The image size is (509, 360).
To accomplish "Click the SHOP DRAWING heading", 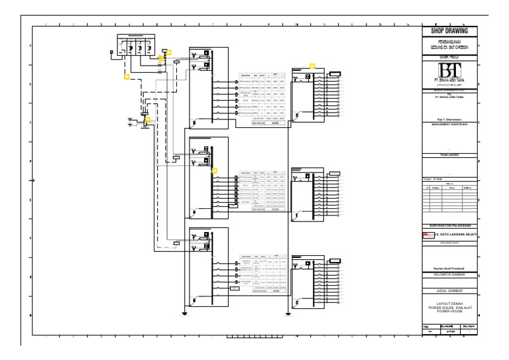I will pos(449,31).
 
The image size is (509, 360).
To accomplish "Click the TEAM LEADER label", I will pos(449,155).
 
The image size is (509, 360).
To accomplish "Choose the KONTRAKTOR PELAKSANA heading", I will pos(449,226).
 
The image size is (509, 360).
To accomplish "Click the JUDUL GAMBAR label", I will pos(449,291).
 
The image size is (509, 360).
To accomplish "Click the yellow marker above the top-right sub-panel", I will pos(312,66).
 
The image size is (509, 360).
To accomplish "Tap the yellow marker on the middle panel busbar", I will pos(214,170).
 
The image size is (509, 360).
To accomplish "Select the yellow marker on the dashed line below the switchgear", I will pos(126,77).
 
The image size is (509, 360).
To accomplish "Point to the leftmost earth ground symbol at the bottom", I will pos(186,314).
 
